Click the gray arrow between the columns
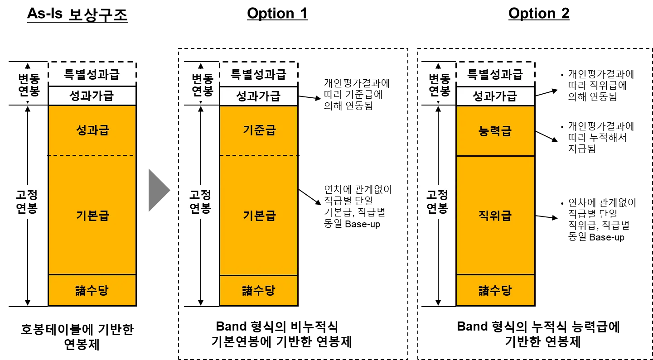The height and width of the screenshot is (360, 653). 159,190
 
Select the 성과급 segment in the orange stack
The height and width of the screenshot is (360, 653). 92,130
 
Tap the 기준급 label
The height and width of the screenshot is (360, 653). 259,130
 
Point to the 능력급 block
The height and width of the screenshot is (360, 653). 495,131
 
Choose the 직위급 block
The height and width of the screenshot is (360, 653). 495,216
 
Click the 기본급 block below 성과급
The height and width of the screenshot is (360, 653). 92,216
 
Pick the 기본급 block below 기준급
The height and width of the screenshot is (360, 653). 259,216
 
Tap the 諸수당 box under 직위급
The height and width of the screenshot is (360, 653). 495,290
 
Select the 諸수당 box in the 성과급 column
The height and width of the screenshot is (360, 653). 92,290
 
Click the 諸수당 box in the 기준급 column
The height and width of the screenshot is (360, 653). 259,290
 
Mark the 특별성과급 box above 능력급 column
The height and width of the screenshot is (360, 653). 495,74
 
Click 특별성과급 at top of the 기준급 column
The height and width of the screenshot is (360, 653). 259,74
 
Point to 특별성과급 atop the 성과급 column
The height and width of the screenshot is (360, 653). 92,74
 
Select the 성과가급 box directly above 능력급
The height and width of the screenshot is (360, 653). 495,96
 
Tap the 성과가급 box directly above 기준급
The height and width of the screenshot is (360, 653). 259,96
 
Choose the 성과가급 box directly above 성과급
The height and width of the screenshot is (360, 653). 92,96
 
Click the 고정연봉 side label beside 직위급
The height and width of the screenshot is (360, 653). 437,202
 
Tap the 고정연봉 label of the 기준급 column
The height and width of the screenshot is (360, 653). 200,202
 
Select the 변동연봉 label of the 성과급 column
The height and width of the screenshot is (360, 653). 29,85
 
